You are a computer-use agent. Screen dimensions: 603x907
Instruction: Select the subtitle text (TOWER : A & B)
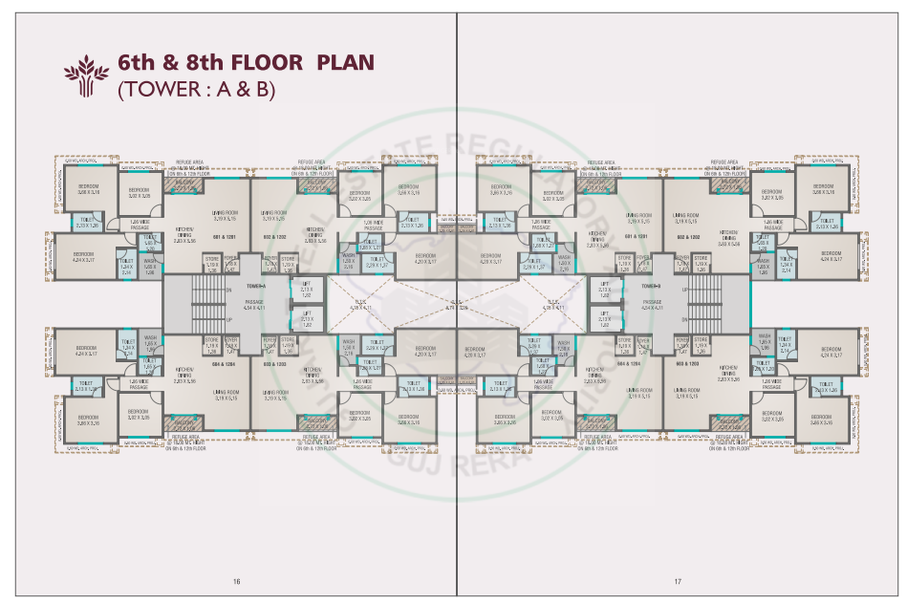[196, 91]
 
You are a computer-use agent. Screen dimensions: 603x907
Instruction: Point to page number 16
[236, 582]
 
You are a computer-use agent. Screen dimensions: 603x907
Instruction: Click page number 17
[677, 582]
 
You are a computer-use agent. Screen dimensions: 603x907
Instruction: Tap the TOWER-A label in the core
[254, 286]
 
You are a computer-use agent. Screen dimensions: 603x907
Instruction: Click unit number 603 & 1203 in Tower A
[275, 364]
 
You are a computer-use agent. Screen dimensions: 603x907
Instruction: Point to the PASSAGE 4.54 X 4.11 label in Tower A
[254, 306]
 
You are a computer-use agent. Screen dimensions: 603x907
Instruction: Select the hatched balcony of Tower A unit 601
[177, 187]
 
